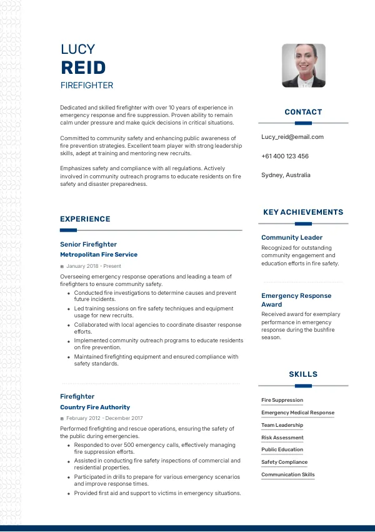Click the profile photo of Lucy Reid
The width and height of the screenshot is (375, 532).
tap(304, 66)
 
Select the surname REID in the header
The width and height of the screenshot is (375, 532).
tap(83, 68)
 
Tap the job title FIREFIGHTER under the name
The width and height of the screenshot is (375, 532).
tap(87, 85)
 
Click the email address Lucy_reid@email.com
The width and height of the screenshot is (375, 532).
tap(292, 137)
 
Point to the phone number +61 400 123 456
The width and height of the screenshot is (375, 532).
tap(285, 156)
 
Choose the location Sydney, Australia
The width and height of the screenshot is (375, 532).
tap(286, 175)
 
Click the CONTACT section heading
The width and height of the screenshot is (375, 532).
tap(303, 112)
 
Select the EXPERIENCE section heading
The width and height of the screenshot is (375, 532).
tap(85, 219)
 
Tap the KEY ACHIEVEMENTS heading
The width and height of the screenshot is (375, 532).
tap(303, 212)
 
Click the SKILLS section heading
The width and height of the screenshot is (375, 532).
tap(303, 374)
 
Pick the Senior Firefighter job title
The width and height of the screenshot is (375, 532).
tap(88, 244)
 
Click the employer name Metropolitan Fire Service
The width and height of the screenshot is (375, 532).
tap(99, 255)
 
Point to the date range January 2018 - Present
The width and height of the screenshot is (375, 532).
tap(94, 266)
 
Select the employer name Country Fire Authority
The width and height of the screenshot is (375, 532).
tap(95, 407)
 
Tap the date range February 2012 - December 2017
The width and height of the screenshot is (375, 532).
tap(104, 418)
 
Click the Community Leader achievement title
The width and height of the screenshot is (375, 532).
tap(292, 238)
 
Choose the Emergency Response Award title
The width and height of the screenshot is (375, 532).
tap(296, 300)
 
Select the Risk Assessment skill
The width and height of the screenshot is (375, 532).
tap(282, 437)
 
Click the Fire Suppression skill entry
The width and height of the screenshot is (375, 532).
tap(282, 400)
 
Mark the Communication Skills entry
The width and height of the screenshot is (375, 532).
tap(288, 474)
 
